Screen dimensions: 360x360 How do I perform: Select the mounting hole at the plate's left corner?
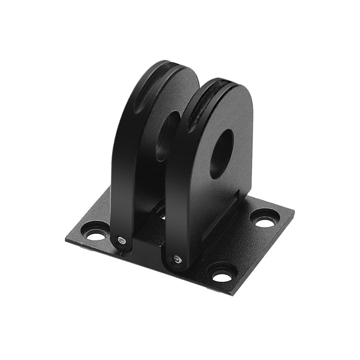[95, 235]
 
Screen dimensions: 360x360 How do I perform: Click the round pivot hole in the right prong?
[222, 154]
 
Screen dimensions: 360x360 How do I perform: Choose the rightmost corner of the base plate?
[294, 212]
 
